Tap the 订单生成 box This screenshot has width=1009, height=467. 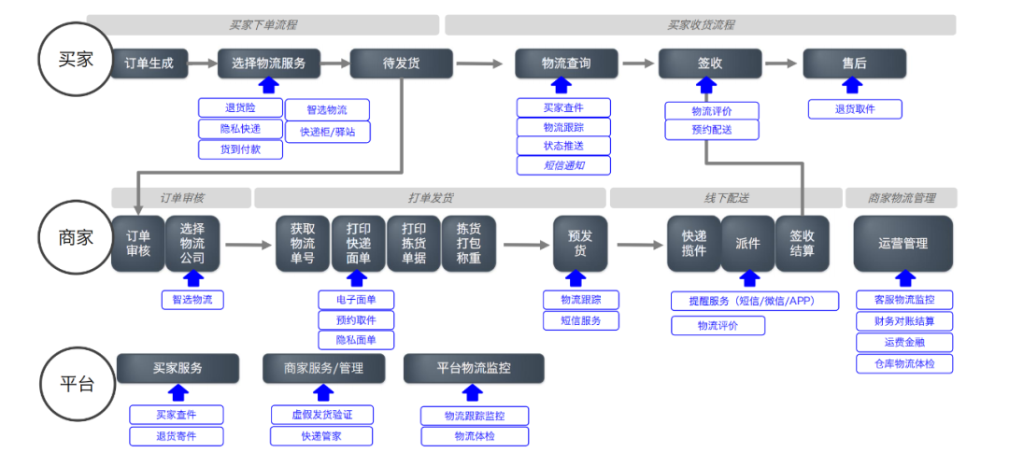tap(149, 64)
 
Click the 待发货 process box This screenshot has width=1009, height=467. tap(402, 64)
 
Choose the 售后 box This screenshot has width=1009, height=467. tap(854, 64)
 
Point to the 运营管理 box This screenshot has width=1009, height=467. tap(902, 243)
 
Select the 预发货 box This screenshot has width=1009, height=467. tap(580, 243)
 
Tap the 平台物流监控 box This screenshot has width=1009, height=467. tap(474, 368)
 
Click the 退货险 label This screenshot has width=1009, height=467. tap(240, 108)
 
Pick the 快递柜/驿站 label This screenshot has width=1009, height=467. tap(327, 132)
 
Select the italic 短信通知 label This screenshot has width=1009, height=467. tap(563, 165)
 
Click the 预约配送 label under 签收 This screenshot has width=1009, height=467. tap(712, 130)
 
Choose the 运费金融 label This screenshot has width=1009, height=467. tap(903, 342)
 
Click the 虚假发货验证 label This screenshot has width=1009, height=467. tap(322, 415)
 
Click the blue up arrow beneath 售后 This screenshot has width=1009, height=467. tap(852, 86)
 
